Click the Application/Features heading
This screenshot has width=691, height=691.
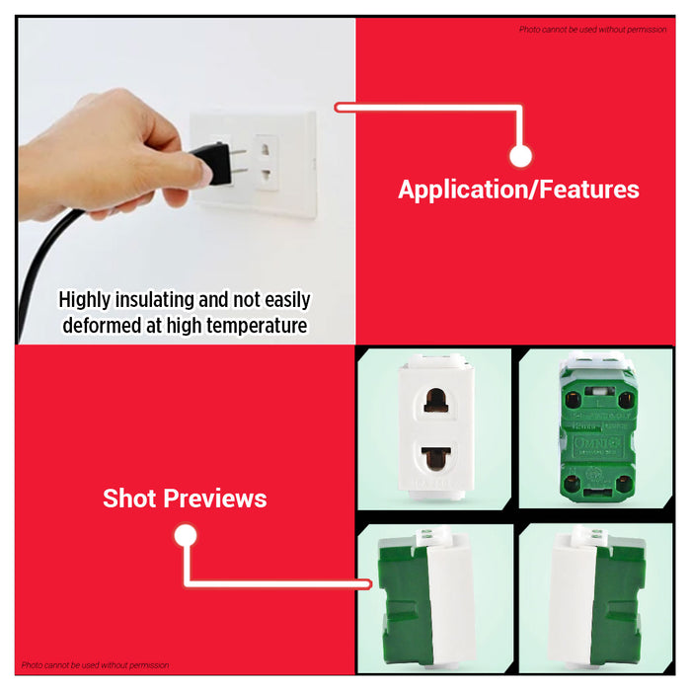click(x=518, y=190)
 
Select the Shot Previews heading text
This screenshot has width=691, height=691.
click(x=185, y=499)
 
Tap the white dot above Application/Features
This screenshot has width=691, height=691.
click(x=520, y=156)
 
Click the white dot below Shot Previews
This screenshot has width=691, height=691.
click(x=185, y=536)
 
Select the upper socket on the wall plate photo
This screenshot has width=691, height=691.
click(x=264, y=150)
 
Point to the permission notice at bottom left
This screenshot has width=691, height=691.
click(x=96, y=665)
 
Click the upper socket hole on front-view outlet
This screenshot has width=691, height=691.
click(x=434, y=399)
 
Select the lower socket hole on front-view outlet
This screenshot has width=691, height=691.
click(x=434, y=458)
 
